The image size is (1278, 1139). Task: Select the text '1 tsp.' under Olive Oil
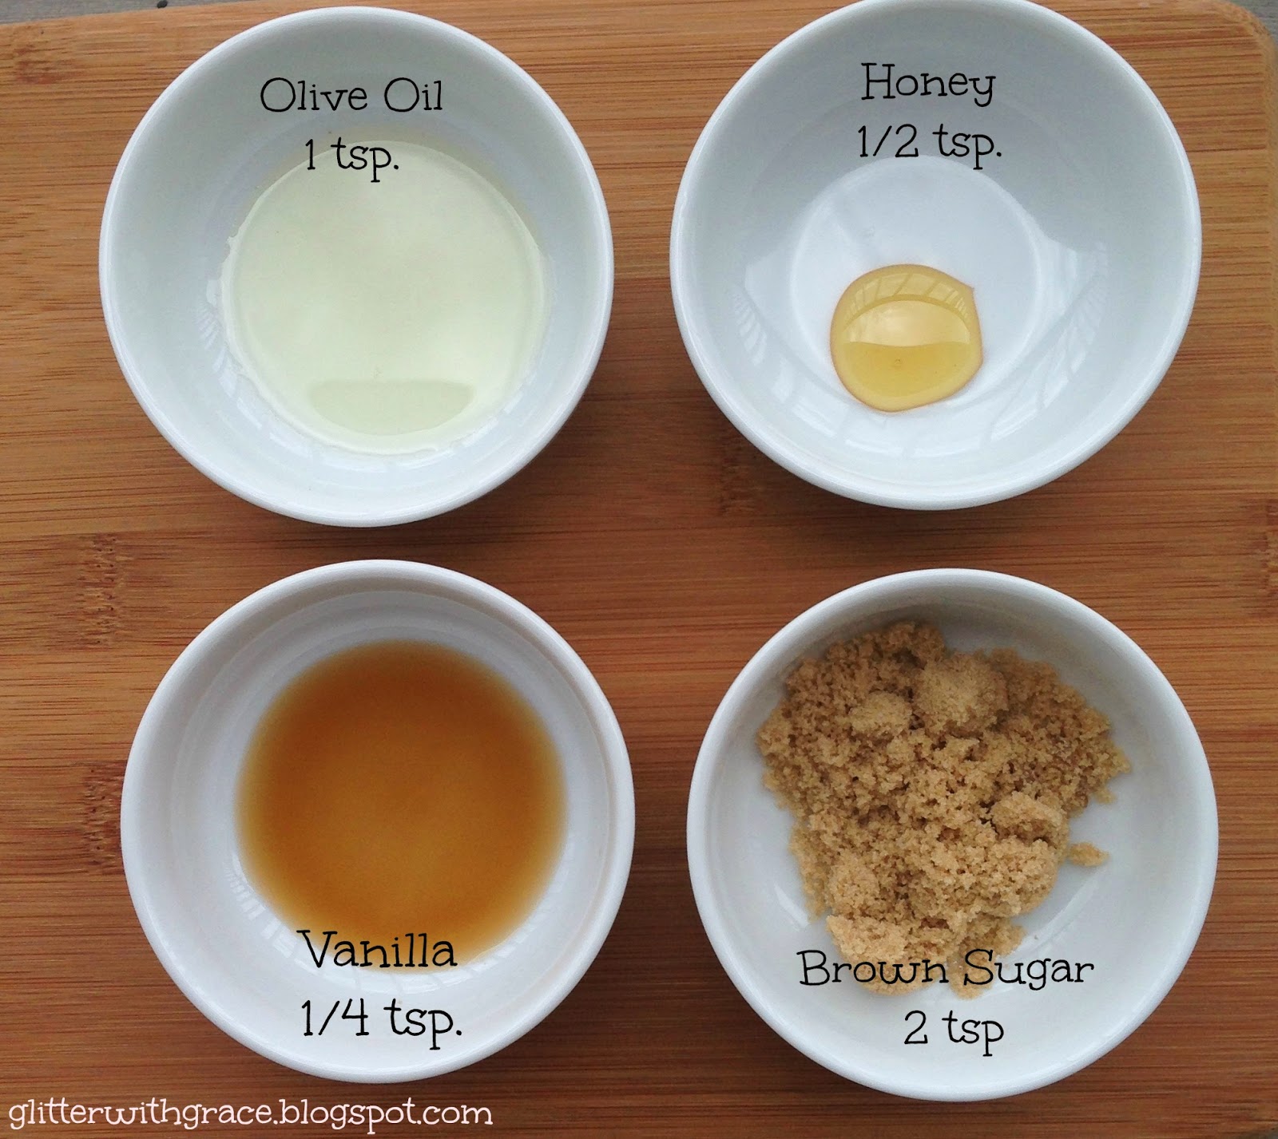(x=351, y=154)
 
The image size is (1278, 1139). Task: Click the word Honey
(x=928, y=85)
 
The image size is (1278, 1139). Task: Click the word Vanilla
(x=380, y=951)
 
